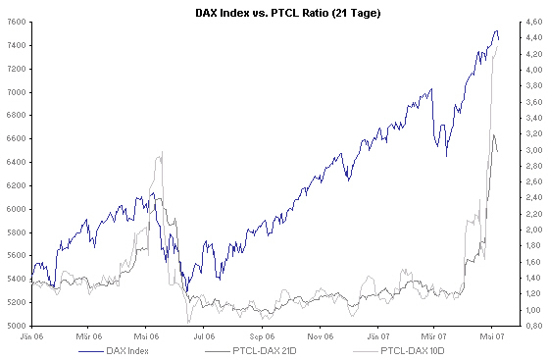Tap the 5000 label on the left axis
pyautogui.click(x=17, y=326)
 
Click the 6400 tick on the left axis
pyautogui.click(x=17, y=162)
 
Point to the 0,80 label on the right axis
pyautogui.click(x=527, y=326)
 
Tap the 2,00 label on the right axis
pyautogui.click(x=527, y=230)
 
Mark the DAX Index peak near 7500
pyautogui.click(x=495, y=31)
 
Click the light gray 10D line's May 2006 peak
pyautogui.click(x=161, y=152)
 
